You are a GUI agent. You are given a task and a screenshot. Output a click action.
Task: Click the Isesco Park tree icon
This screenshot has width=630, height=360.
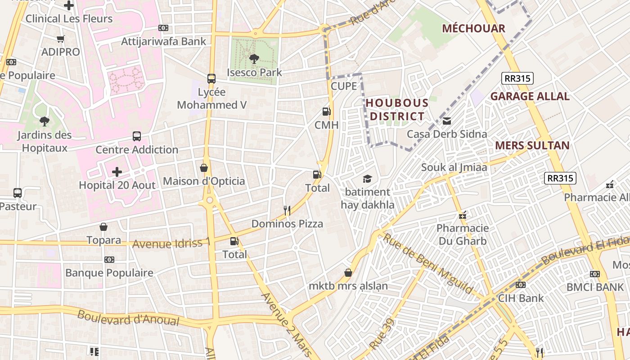254,58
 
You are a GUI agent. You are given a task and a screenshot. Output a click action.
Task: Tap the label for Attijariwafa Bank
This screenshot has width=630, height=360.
164,41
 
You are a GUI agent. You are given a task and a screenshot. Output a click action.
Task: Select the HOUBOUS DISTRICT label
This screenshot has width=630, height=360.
396,110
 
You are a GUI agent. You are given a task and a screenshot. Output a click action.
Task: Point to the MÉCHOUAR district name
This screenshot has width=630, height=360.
473,28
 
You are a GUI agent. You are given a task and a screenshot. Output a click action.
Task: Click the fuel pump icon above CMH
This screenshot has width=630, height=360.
327,112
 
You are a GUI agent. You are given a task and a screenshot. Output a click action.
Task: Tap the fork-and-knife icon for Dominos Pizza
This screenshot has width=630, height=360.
287,210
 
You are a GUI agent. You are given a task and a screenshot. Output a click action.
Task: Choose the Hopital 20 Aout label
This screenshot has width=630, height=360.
117,185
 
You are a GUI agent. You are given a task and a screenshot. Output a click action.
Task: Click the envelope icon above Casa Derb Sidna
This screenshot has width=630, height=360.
447,121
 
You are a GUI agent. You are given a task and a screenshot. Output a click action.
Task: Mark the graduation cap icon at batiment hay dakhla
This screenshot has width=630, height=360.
367,179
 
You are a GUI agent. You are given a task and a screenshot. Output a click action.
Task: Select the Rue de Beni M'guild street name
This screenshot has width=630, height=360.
427,263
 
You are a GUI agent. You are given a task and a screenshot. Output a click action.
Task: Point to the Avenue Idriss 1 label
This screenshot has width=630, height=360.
171,243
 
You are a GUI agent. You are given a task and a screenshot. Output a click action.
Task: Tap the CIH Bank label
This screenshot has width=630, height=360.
521,298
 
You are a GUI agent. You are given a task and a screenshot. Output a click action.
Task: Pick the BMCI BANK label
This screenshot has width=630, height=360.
595,287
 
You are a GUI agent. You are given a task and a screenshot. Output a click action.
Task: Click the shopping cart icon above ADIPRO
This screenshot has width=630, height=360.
61,39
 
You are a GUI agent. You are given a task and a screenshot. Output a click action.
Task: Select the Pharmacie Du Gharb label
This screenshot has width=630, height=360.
463,234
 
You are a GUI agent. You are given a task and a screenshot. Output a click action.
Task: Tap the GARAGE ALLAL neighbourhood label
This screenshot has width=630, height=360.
530,96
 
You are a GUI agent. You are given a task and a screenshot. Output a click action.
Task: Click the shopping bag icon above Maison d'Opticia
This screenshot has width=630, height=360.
204,168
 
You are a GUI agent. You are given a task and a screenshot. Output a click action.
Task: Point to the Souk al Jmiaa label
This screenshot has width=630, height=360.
454,167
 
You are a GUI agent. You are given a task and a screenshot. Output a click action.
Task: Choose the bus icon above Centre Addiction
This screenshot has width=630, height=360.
137,136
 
